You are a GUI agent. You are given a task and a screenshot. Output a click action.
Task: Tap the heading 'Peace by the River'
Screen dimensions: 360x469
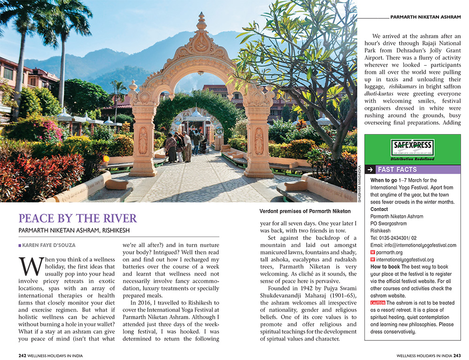click(78, 218)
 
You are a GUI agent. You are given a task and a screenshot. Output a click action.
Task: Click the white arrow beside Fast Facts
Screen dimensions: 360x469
click(370, 169)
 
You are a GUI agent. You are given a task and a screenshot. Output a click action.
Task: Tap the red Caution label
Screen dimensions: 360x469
click(378, 303)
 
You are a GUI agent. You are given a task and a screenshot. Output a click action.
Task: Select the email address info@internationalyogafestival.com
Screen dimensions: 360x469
click(413, 245)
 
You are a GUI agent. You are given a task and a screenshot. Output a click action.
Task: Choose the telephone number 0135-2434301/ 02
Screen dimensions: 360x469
click(393, 238)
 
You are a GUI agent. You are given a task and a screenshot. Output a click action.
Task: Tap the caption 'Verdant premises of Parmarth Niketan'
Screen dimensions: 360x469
click(305, 211)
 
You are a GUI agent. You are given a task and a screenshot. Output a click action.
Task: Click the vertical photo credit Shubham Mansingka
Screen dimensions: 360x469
click(360, 183)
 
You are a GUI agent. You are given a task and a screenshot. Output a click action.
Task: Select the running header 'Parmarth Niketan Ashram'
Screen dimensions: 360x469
click(425, 17)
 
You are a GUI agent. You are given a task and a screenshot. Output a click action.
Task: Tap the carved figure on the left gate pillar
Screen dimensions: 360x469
click(143, 140)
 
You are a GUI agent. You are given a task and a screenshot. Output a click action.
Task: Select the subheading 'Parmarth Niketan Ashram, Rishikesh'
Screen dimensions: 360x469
click(74, 231)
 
